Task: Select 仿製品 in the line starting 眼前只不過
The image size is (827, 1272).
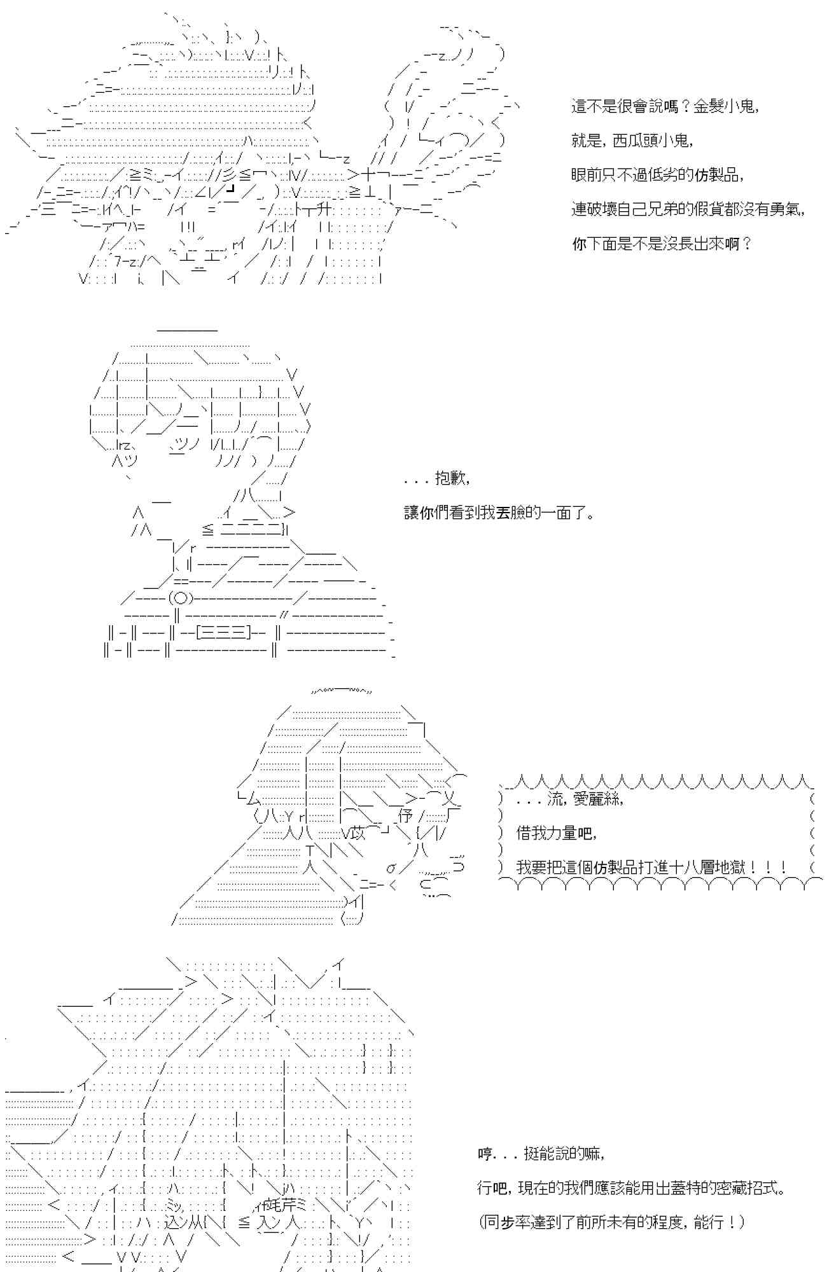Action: [x=717, y=176]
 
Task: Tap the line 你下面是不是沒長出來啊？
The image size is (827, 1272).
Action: [x=662, y=244]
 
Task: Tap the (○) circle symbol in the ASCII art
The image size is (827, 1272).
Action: [x=180, y=598]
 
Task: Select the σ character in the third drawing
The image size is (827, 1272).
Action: [x=391, y=868]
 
